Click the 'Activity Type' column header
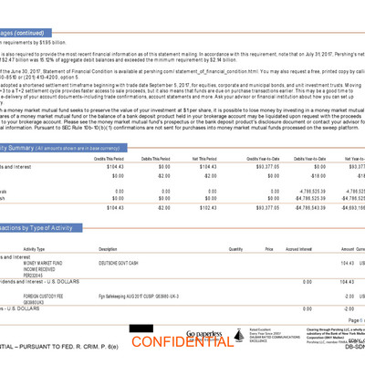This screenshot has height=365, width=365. tap(35, 248)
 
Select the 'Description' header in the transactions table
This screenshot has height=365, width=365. tap(108, 248)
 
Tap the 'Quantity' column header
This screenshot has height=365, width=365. tap(235, 248)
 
